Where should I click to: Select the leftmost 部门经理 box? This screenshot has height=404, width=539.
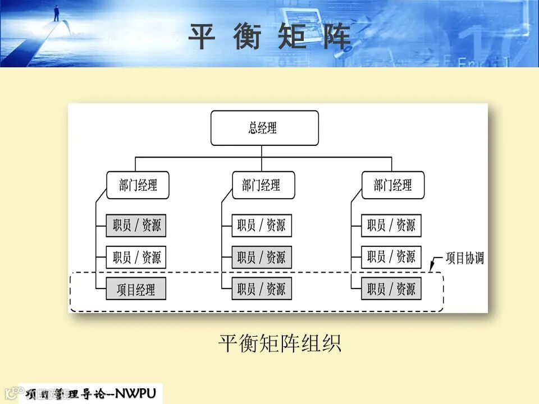coord(138,185)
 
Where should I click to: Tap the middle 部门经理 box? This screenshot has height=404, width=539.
coord(263,185)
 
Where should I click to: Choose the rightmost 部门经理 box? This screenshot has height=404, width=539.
coord(392,185)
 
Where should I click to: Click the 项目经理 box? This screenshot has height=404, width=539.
coord(136,290)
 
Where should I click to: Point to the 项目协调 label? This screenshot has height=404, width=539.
coord(464,259)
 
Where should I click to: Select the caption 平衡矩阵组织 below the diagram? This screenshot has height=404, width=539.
coord(280,343)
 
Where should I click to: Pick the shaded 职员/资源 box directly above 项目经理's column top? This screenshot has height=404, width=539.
coord(136,226)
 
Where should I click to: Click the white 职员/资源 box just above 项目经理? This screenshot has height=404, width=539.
coord(136,258)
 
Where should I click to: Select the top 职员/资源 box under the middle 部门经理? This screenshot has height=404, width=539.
coord(262,226)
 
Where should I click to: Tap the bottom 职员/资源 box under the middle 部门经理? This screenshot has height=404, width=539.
coord(262,290)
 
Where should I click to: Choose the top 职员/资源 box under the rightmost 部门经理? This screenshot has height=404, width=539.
coord(391,226)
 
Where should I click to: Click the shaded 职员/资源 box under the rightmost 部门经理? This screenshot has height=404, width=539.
coord(391,290)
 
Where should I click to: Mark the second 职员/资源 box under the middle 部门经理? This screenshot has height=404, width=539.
coord(262,258)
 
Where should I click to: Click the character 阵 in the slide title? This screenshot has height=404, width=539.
coord(337,37)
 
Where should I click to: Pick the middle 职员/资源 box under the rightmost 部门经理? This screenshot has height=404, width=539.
coord(391,258)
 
